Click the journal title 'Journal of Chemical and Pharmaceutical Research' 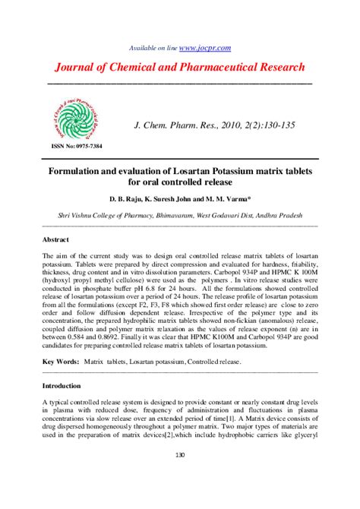[179, 67]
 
